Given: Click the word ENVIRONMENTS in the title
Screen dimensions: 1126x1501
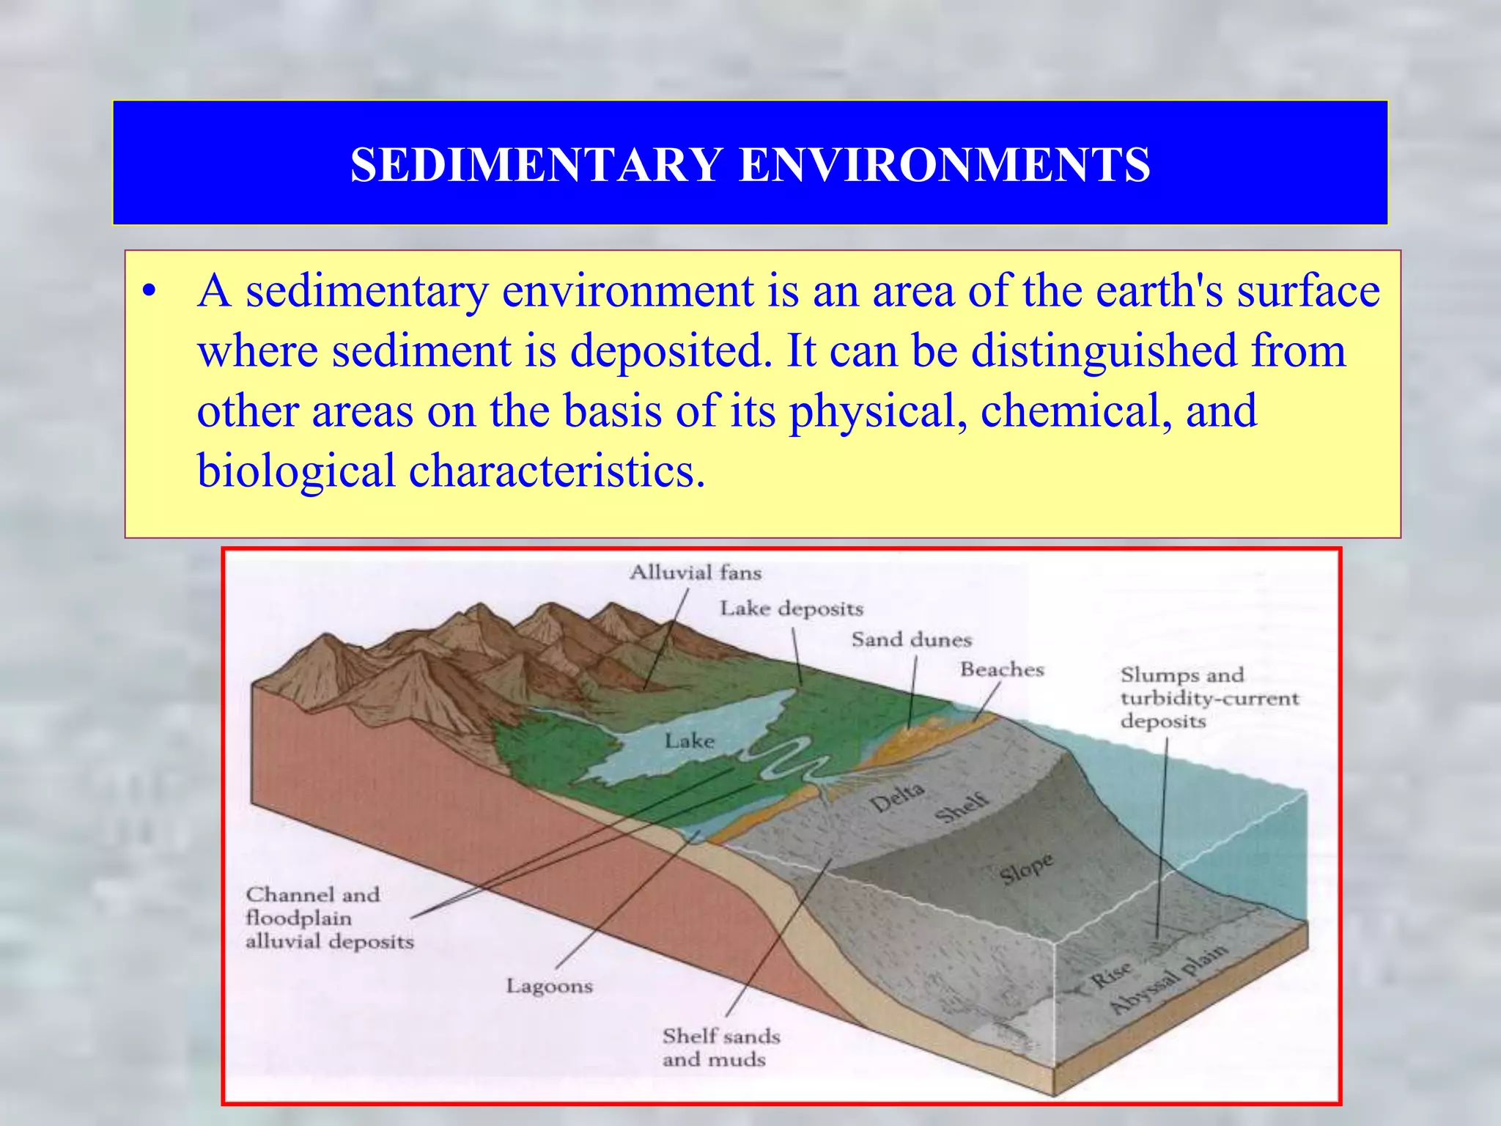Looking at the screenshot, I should (945, 164).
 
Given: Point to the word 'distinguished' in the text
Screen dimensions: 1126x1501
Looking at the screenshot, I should (1104, 350).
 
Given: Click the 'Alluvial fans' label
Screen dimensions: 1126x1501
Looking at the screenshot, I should (696, 573).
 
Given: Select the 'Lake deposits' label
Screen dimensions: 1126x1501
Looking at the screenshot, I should (792, 608).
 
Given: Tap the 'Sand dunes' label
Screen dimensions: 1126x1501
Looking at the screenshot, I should (911, 640).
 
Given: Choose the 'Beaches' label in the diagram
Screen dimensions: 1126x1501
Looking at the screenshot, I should (1002, 669).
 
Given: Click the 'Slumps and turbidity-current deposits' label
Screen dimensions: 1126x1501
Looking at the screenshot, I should (1209, 698).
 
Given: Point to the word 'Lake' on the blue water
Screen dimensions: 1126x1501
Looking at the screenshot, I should (689, 741).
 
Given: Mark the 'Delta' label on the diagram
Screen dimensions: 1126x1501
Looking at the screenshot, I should (897, 798).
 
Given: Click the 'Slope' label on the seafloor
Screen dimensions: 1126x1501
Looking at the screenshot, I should (1026, 869).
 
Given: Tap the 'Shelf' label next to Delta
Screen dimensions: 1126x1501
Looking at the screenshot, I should (962, 808).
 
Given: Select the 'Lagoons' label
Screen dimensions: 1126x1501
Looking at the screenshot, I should (549, 986).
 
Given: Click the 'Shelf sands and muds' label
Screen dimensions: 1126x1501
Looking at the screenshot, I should (720, 1048).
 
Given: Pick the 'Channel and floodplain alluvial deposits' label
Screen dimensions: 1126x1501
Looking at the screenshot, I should (329, 918).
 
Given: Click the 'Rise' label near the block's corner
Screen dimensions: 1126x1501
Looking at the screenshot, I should (1111, 974).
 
